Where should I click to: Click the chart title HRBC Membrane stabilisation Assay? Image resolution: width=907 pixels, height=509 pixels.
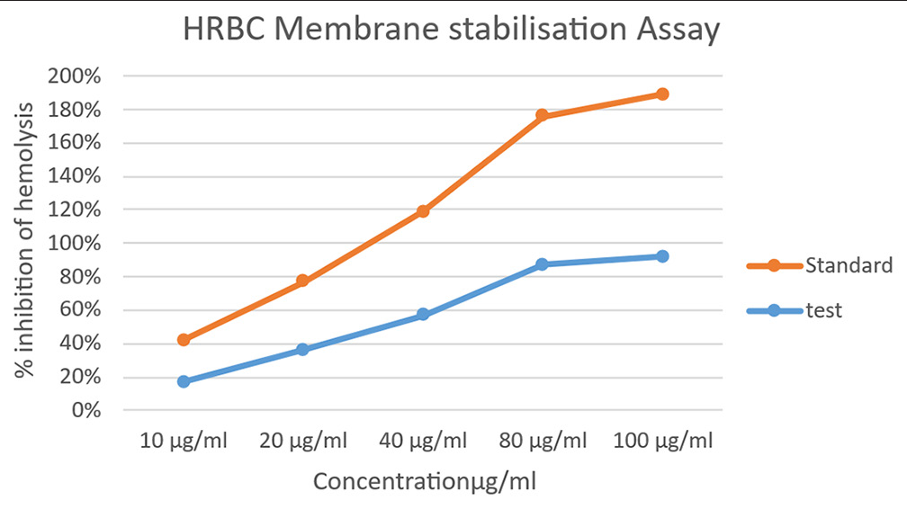click(452, 31)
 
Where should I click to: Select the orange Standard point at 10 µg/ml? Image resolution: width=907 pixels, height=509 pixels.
click(184, 340)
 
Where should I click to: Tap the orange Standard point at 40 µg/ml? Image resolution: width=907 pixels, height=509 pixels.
click(423, 211)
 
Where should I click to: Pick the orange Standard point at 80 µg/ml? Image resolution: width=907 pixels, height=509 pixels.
click(542, 115)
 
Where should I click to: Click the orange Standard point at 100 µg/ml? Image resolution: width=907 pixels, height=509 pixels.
click(662, 94)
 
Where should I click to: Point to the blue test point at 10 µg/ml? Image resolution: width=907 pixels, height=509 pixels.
click(184, 381)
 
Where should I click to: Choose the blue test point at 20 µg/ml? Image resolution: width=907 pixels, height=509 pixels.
click(303, 349)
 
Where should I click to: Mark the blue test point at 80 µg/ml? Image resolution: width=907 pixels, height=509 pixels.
click(542, 264)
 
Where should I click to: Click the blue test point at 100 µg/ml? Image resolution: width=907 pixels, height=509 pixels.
click(662, 256)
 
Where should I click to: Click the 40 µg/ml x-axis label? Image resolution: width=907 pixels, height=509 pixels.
click(423, 441)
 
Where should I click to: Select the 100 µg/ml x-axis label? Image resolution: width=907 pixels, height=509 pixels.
click(662, 441)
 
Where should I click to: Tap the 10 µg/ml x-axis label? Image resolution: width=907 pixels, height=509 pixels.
click(184, 441)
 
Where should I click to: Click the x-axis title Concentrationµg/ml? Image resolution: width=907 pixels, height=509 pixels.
click(424, 481)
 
